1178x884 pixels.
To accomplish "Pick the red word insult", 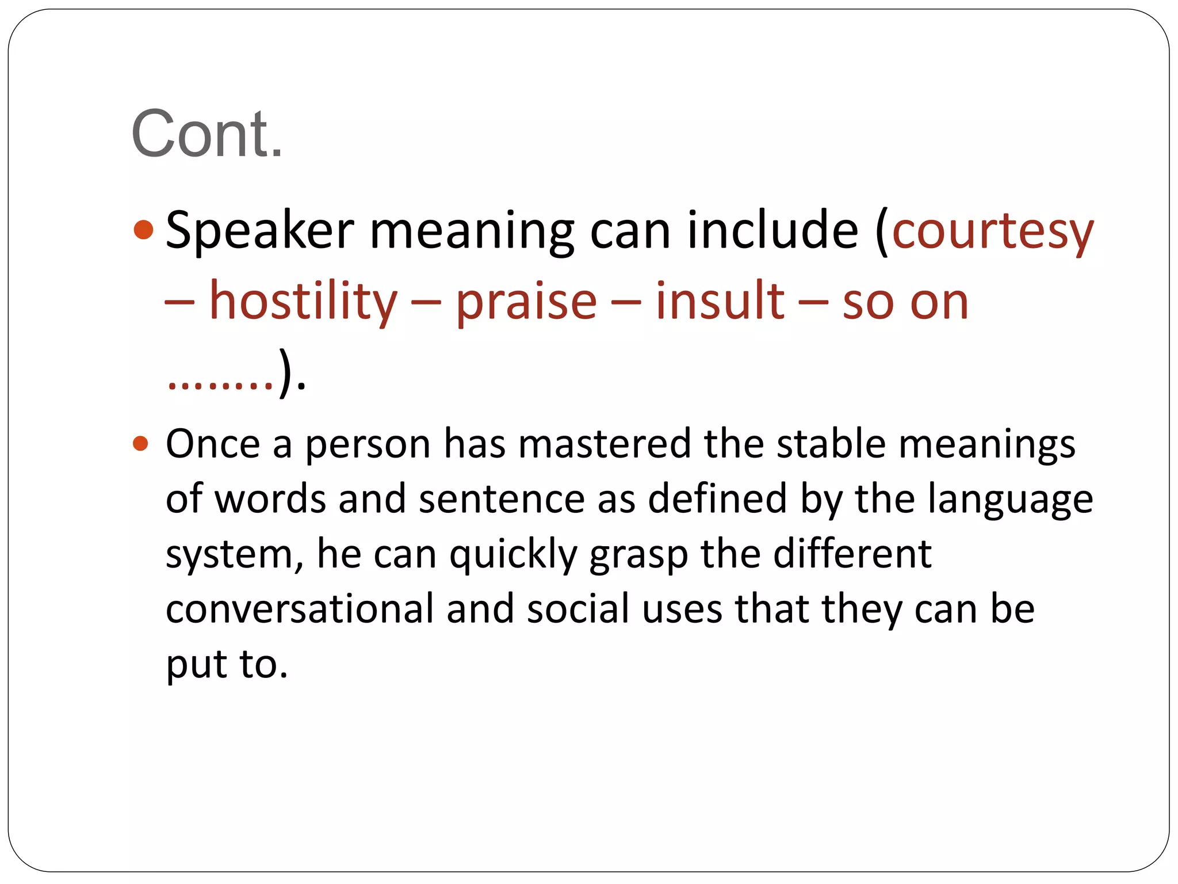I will click(720, 300).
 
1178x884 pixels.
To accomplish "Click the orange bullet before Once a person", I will click(140, 444).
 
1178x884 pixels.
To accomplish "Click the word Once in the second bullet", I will click(213, 444).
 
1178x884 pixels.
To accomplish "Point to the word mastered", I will click(604, 444).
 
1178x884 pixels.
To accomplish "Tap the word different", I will click(852, 554).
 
